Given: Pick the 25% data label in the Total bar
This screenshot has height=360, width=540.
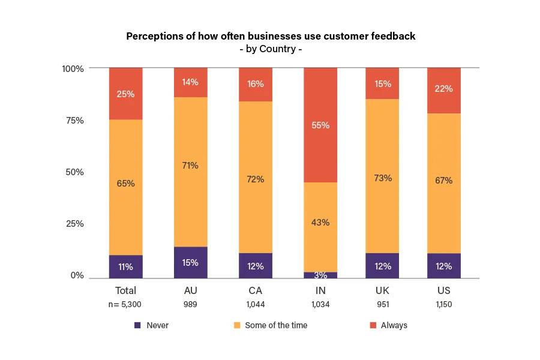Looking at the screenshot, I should [126, 94].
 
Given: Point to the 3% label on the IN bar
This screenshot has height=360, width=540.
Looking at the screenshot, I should [320, 275].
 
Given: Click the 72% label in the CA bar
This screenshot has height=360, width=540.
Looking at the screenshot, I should [256, 179].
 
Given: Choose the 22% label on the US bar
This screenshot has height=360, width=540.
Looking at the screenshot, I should [444, 89].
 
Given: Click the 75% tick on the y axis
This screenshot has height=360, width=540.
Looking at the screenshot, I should [75, 120].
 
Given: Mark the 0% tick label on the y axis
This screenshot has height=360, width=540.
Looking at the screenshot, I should [77, 275].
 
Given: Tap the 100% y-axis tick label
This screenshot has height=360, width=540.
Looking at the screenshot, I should [73, 68].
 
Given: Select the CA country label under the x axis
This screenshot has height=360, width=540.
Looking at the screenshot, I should [256, 290].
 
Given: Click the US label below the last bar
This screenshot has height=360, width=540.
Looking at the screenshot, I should [444, 290].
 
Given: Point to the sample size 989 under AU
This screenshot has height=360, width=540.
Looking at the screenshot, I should [191, 304].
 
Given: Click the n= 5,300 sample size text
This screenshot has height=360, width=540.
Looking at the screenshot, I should [126, 304].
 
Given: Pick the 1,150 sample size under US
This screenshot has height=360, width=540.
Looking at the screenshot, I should [444, 304].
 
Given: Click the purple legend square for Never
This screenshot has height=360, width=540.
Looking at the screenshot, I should [137, 325].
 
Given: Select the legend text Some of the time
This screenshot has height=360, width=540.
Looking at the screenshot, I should [276, 325].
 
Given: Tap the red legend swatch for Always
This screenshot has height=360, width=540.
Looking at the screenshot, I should [372, 325].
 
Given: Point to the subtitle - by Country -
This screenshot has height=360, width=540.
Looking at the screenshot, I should [270, 49].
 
